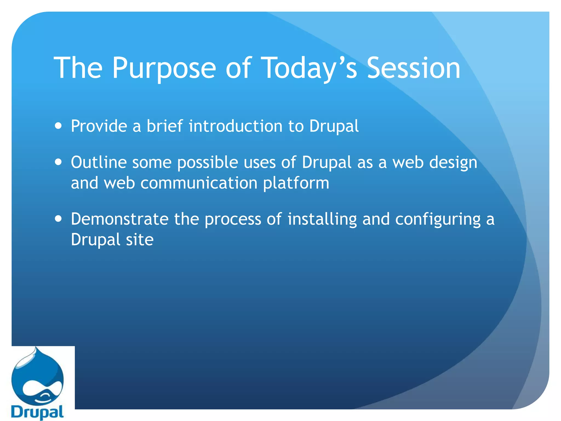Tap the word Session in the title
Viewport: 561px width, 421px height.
[413, 68]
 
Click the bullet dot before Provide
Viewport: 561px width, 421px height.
[58, 126]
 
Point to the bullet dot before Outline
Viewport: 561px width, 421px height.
[58, 162]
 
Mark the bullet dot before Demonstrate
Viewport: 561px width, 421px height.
[58, 219]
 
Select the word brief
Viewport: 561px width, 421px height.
[164, 126]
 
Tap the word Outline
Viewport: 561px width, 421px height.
[99, 162]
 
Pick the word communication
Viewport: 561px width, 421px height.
[199, 183]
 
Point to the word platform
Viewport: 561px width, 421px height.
[296, 183]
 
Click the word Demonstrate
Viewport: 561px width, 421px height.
[119, 219]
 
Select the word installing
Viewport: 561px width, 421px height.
[322, 220]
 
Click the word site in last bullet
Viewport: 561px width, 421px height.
[139, 240]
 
